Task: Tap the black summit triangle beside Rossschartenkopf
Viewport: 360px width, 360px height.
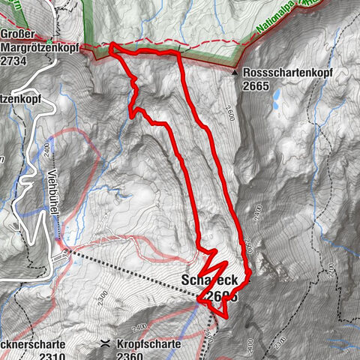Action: (x=235, y=73)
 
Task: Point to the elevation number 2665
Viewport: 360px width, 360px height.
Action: (x=256, y=86)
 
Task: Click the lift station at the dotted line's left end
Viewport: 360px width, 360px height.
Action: (x=66, y=251)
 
